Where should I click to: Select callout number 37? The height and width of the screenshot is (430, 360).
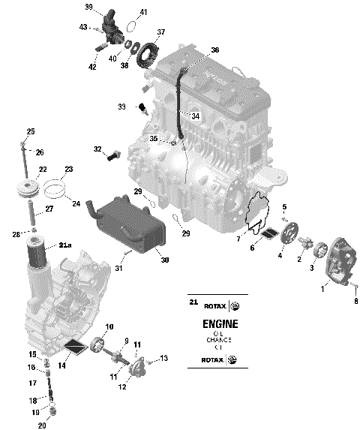[x=160, y=32]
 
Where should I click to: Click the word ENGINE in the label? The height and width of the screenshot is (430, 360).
[x=220, y=325]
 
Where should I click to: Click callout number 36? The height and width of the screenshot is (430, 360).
[x=214, y=50]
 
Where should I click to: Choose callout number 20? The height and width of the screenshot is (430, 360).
[x=42, y=425]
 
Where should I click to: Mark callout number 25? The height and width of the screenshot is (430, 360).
[x=31, y=132]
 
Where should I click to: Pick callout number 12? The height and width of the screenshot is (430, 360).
[x=121, y=387]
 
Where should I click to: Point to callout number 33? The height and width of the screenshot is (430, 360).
[x=122, y=107]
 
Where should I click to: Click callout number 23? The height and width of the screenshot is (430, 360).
[x=68, y=169]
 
